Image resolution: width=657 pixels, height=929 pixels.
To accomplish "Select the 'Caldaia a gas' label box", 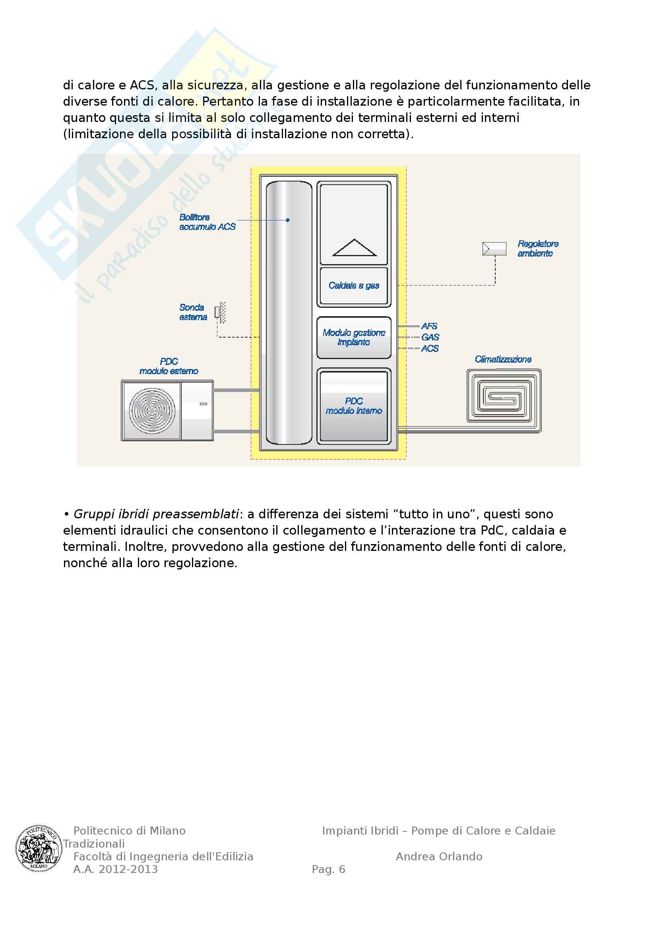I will tap(354, 286).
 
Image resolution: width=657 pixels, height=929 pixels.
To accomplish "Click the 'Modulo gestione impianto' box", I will tap(354, 338).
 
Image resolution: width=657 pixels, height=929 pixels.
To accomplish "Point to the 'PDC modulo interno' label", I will tap(354, 406).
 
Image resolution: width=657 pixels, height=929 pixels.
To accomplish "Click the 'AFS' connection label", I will tap(429, 326).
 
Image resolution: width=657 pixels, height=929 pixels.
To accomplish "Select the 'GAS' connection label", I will tap(430, 337).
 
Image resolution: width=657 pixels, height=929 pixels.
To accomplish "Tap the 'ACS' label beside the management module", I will tap(430, 348).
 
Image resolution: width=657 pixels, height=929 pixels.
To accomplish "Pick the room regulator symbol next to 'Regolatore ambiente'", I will tap(494, 249).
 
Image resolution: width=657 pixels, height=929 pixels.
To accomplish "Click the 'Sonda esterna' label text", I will tap(193, 312).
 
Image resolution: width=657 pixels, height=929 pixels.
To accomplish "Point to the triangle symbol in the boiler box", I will tap(354, 248).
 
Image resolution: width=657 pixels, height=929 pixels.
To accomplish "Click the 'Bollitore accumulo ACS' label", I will tap(207, 222).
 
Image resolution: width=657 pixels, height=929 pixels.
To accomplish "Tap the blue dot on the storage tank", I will tap(288, 220).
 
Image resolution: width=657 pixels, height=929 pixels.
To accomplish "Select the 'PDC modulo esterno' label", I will tap(169, 366).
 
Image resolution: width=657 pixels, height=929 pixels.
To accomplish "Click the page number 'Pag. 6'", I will tap(328, 869).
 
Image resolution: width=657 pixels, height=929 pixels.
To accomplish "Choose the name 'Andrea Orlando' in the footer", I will tap(439, 857).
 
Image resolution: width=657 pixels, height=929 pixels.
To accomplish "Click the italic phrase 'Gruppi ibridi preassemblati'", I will tap(156, 514).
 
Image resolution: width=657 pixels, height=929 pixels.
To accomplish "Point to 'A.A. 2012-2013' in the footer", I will tap(115, 869).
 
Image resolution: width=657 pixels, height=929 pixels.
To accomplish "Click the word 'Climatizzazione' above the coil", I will tap(503, 359).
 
